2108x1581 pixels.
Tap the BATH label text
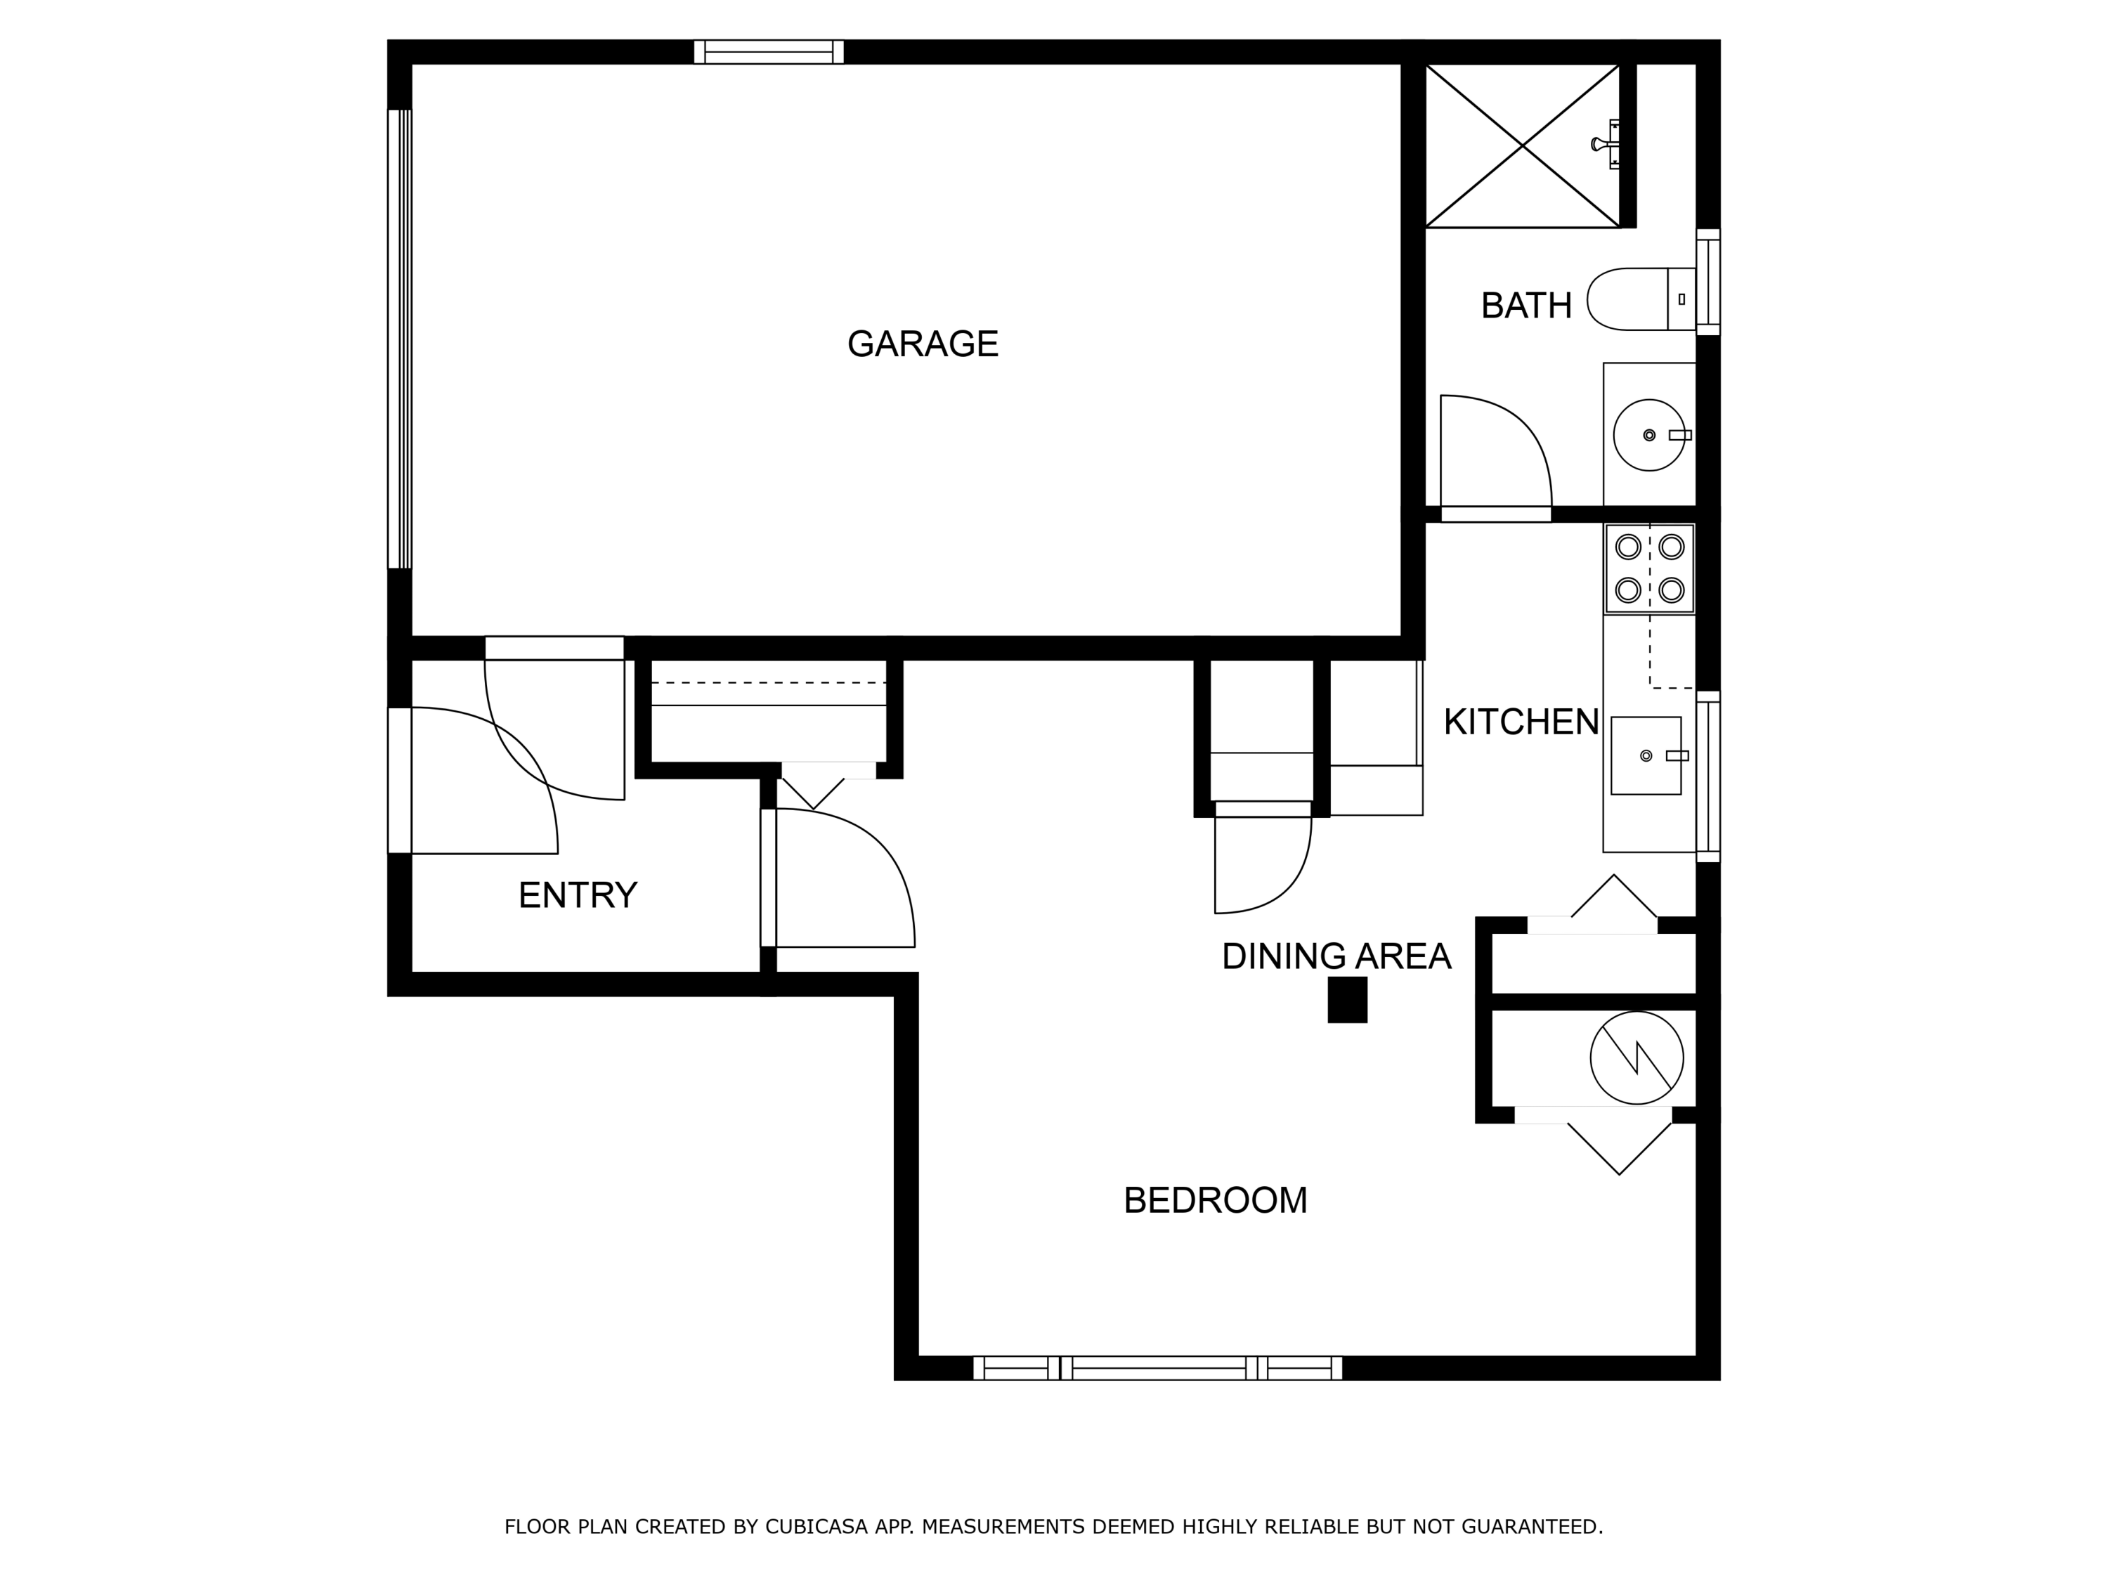pyautogui.click(x=1525, y=306)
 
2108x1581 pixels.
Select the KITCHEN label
pyautogui.click(x=1521, y=722)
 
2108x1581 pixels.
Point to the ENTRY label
pyautogui.click(x=578, y=895)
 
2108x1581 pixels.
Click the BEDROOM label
pyautogui.click(x=1215, y=1200)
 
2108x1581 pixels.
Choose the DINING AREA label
pyautogui.click(x=1336, y=956)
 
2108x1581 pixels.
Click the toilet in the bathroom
pyautogui.click(x=1641, y=299)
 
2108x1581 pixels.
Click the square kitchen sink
pyautogui.click(x=1646, y=755)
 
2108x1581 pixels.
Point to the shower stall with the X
pyautogui.click(x=1522, y=146)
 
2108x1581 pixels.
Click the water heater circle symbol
pyautogui.click(x=1637, y=1058)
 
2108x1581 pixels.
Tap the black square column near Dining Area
pyautogui.click(x=1348, y=1000)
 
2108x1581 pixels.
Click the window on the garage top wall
pyautogui.click(x=769, y=51)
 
